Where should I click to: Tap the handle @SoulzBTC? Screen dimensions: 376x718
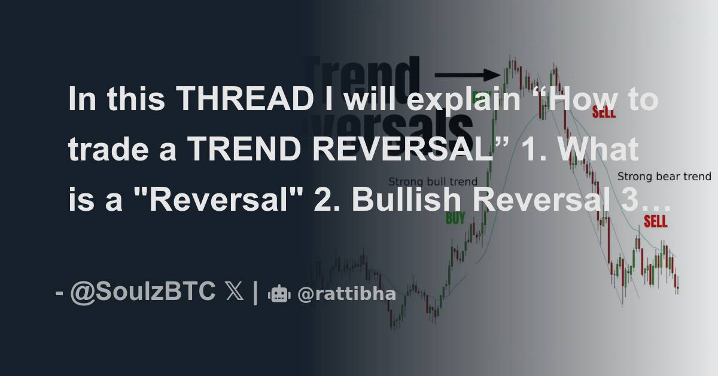142,292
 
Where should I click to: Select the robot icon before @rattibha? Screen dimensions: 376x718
279,294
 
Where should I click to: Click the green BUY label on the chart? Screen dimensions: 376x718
455,219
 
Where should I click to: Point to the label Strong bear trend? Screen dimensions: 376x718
664,177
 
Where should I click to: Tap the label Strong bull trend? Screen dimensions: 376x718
433,181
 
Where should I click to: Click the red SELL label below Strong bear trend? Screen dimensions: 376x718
655,222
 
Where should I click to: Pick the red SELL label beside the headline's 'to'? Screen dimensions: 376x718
603,112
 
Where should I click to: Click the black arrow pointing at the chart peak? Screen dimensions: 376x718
467,75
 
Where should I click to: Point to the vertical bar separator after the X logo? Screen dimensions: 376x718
255,292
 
